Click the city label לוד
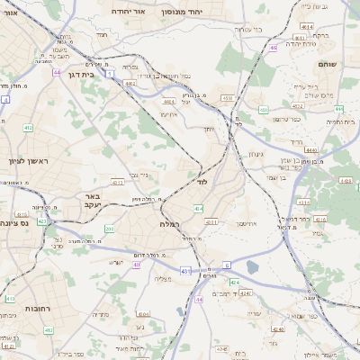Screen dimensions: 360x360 pyautogui.click(x=201, y=180)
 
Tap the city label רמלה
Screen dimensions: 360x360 pyautogui.click(x=171, y=222)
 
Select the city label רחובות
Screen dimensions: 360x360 pyautogui.click(x=13, y=309)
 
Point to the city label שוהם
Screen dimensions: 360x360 pyautogui.click(x=327, y=64)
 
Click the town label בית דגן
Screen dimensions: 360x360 pyautogui.click(x=81, y=75)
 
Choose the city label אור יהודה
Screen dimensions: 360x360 pyautogui.click(x=128, y=12)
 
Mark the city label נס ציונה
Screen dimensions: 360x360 pyautogui.click(x=13, y=221)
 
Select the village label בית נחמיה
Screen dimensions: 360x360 pyautogui.click(x=343, y=121)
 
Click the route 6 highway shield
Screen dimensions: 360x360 pyautogui.click(x=228, y=265)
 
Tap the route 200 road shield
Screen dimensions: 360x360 pyautogui.click(x=109, y=229)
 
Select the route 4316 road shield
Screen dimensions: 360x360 pyautogui.click(x=322, y=219)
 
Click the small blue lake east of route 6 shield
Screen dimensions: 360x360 pyautogui.click(x=252, y=266)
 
